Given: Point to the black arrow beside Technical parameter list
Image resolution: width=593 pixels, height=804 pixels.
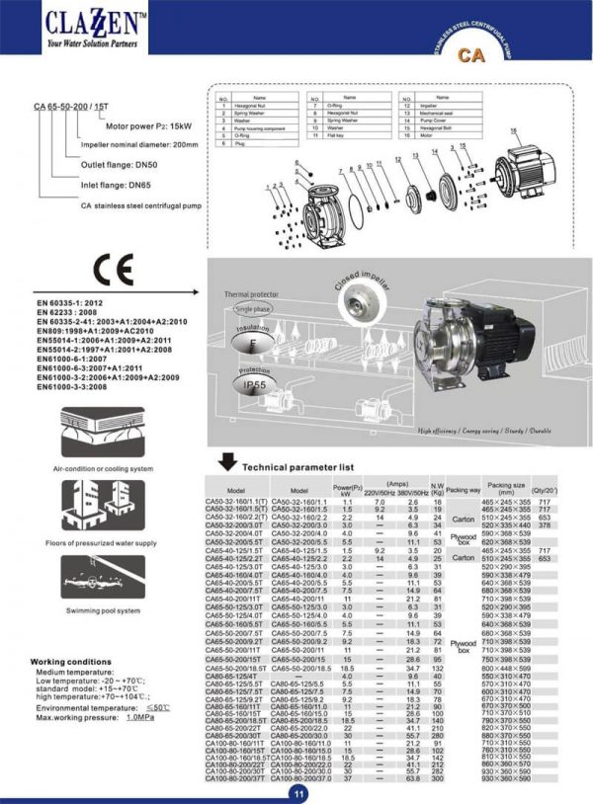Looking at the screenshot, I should click(226, 461).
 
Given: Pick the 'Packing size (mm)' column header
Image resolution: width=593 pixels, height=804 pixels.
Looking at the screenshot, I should click(506, 489).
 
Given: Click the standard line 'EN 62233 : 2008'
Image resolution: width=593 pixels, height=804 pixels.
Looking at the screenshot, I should click(72, 312).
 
